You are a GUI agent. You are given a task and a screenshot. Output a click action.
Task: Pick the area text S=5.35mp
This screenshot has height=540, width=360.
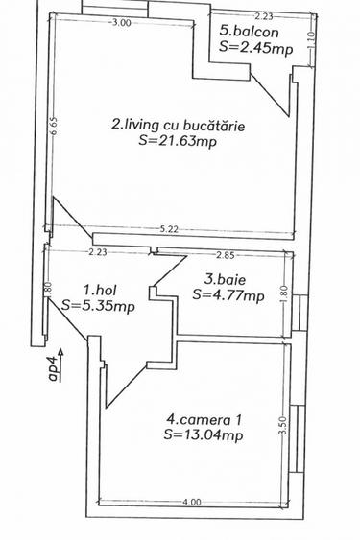(x=97, y=305)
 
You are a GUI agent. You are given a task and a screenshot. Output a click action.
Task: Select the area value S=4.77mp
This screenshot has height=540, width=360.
(x=228, y=295)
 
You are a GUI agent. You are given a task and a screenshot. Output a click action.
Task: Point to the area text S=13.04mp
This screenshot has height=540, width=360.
(x=203, y=434)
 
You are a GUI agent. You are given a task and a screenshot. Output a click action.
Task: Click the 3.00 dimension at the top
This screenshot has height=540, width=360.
(x=121, y=21)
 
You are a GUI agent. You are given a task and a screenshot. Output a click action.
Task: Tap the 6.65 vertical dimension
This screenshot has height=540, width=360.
(x=55, y=126)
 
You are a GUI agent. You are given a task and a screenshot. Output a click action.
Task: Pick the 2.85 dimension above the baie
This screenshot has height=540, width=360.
(x=226, y=254)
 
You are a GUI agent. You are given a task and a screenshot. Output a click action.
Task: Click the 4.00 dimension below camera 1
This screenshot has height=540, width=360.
(x=192, y=501)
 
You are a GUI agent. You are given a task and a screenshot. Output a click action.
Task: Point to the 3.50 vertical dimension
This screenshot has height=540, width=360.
(x=282, y=426)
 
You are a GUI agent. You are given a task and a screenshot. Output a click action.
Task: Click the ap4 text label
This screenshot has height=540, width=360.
(x=54, y=368)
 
